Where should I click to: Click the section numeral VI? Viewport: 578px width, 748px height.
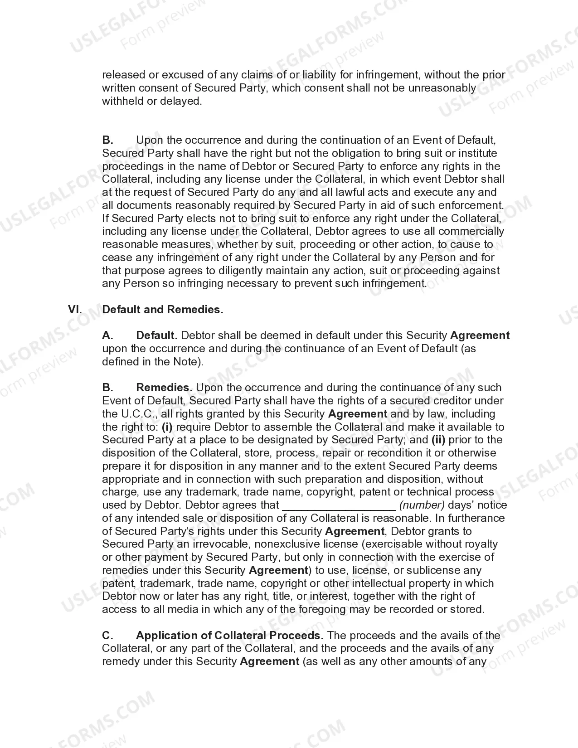pos(75,310)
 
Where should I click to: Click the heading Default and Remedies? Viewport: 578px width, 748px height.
pos(163,310)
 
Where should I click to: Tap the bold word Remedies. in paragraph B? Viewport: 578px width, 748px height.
pos(164,388)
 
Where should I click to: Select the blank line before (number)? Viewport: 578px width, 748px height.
pos(339,505)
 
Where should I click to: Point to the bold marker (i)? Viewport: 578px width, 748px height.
pos(167,427)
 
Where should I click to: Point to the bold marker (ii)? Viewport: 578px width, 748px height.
pos(438,440)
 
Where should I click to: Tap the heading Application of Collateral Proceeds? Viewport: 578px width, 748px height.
pos(229,636)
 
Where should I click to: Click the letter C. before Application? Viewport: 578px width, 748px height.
pos(107,636)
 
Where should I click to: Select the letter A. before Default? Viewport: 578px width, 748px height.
pos(107,335)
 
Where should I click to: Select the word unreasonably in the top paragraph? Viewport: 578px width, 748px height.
pos(442,88)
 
